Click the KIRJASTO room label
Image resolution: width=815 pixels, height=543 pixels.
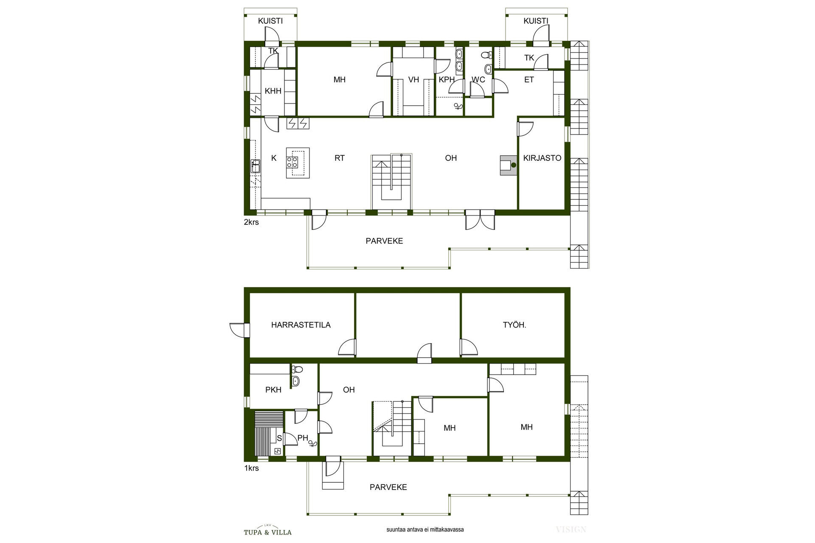(542, 158)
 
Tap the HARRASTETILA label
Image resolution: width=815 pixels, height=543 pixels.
(301, 325)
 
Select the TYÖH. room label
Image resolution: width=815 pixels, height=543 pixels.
(514, 325)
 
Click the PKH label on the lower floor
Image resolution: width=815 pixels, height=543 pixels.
(273, 389)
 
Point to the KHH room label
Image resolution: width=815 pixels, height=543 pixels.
(273, 91)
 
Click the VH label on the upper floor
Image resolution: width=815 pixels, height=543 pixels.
(413, 79)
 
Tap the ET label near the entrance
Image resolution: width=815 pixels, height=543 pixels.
(529, 79)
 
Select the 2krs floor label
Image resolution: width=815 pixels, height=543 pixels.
(251, 222)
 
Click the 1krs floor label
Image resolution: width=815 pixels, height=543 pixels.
(251, 468)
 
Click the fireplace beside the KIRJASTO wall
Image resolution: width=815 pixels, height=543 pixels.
(509, 165)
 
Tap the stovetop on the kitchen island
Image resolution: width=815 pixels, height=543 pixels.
(292, 162)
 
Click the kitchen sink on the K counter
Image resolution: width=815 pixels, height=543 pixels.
(255, 166)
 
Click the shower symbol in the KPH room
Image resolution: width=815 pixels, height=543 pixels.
(458, 106)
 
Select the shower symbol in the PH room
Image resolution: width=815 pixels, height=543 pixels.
(313, 444)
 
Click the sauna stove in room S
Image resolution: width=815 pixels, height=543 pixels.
(278, 451)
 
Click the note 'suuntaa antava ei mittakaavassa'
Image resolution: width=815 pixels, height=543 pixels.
(425, 529)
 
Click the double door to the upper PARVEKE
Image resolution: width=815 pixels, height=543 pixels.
(480, 219)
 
